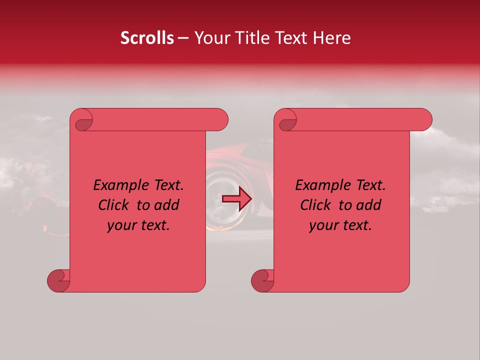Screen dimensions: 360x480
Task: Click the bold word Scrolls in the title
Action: click(147, 38)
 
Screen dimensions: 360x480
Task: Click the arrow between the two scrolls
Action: click(237, 199)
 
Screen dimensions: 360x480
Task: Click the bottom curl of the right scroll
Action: click(262, 280)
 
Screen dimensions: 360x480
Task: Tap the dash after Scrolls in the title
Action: click(183, 38)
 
